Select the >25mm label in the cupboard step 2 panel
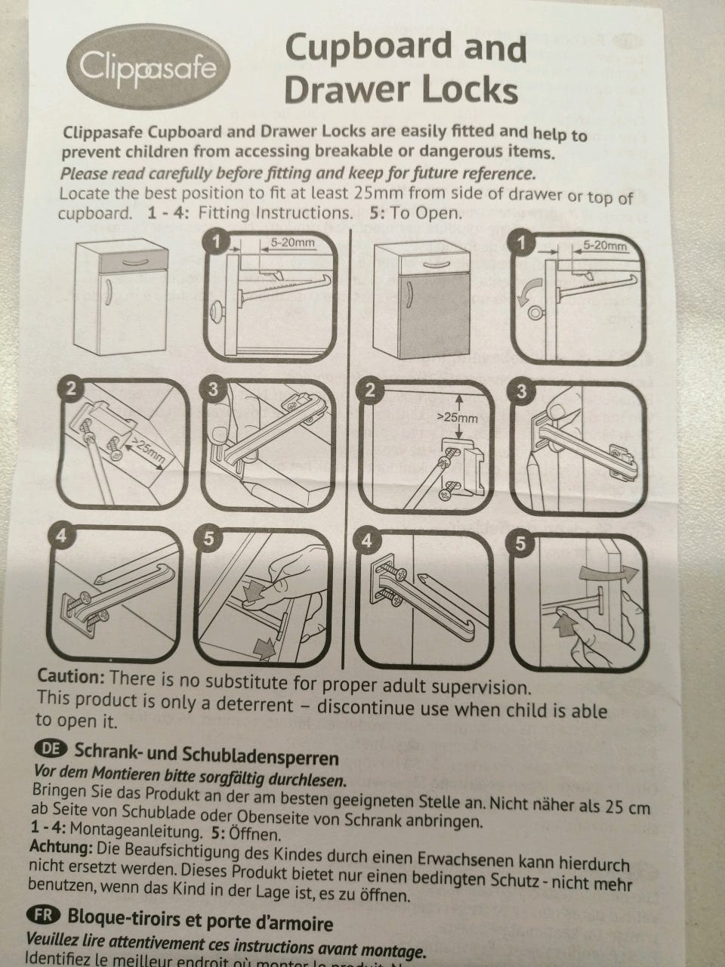(x=458, y=416)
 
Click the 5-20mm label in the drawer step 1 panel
(x=293, y=242)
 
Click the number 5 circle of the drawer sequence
(x=208, y=539)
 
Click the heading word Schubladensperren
(x=261, y=756)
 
